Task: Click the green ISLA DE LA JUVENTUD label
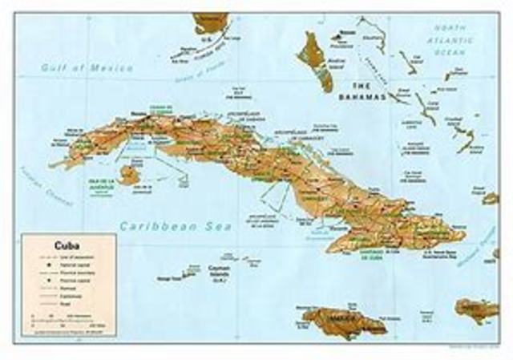99,184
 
